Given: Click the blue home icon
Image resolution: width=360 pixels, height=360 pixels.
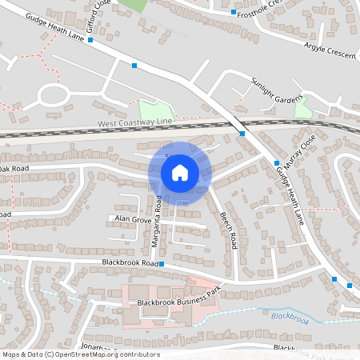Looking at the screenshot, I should (x=180, y=172).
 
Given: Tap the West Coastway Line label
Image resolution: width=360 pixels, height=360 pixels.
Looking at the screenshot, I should (x=134, y=123).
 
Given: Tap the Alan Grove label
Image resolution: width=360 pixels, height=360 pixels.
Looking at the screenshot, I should (x=133, y=218).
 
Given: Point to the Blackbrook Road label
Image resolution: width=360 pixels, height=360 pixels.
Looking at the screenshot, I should (x=130, y=262).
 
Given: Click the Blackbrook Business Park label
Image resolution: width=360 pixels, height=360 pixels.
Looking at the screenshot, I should (x=177, y=302).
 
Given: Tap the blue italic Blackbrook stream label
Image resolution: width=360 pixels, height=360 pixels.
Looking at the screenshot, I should (x=289, y=317).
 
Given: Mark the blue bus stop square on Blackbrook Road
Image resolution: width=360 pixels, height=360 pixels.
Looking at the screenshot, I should (x=162, y=263).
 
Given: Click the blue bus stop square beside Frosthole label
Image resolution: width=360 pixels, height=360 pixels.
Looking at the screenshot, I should (x=233, y=13).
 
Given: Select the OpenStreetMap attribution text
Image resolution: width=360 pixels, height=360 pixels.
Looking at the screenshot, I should (x=81, y=354).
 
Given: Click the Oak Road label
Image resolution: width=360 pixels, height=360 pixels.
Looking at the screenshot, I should (x=14, y=169).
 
